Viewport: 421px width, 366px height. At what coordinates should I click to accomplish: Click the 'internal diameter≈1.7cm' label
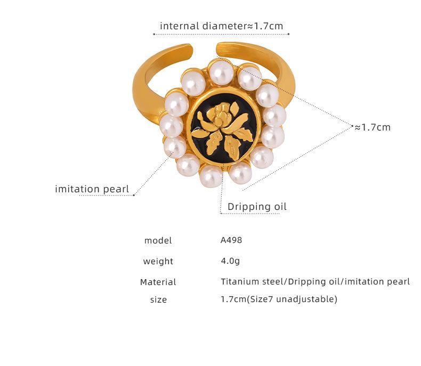tap(221, 26)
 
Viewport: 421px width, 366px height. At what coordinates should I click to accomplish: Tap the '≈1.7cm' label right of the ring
tap(373, 127)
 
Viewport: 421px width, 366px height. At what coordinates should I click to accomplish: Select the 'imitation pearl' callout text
tap(92, 189)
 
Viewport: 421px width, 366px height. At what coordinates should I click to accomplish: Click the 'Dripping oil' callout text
tap(257, 206)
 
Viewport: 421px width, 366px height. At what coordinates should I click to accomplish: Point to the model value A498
tap(231, 240)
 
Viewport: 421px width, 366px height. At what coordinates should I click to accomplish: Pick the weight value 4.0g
tap(230, 261)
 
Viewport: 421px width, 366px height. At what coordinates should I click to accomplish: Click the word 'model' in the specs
tap(158, 240)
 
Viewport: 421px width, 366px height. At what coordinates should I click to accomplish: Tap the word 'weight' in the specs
tap(158, 261)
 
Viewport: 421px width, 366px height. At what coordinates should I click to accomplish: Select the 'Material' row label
tap(158, 282)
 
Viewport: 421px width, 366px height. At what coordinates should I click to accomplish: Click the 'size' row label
tap(158, 299)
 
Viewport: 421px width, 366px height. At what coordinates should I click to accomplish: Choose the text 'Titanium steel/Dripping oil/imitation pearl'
tap(315, 281)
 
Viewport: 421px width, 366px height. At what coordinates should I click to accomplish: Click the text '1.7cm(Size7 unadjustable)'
tap(279, 299)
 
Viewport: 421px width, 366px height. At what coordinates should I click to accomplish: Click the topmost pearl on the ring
tap(221, 71)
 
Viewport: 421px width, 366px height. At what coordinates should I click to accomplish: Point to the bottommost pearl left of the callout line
tap(211, 175)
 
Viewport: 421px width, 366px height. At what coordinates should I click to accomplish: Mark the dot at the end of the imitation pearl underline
tap(134, 195)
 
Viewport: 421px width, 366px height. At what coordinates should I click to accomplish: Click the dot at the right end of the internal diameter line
tap(288, 34)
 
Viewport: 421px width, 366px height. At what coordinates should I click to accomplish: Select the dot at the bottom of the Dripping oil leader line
tap(221, 213)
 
